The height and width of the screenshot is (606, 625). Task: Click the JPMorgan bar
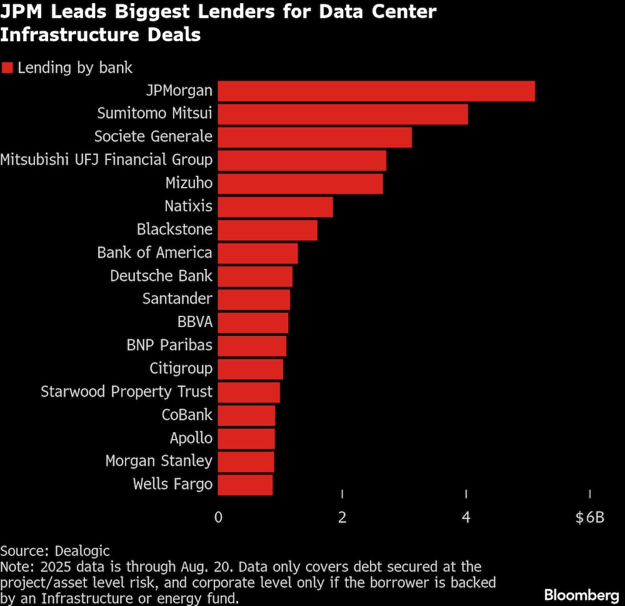point(376,91)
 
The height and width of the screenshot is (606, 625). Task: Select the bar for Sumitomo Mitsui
point(342,114)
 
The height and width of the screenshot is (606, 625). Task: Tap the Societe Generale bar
point(314,138)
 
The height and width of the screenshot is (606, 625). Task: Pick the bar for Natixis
point(275,207)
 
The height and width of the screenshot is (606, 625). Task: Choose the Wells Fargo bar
point(245,485)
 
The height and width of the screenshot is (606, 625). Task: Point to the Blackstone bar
point(267,230)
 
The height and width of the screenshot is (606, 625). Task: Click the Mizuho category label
point(189,183)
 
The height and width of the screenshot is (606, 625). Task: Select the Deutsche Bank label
point(161,276)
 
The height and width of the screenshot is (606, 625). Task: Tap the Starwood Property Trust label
point(127,391)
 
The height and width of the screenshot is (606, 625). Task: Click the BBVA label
point(195,322)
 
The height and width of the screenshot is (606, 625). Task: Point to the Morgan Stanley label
point(159,461)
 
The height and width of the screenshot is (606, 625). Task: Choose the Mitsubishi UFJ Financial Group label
point(106,160)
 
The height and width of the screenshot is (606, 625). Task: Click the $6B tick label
point(589,518)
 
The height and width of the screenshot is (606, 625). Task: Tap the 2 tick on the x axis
point(342,518)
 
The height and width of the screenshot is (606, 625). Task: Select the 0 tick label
point(218,518)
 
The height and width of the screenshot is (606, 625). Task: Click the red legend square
point(7,68)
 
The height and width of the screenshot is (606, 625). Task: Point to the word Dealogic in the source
point(82,551)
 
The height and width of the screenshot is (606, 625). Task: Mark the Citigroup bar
point(250,369)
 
